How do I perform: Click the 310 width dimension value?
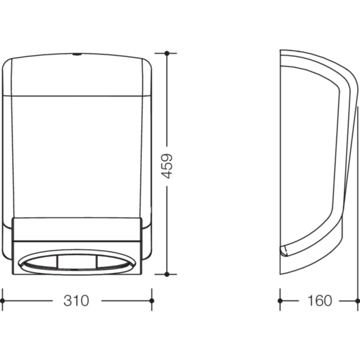pos(76,301)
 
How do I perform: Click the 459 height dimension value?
pos(167,166)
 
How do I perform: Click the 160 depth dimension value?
pos(319,301)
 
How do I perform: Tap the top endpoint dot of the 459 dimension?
pos(167,53)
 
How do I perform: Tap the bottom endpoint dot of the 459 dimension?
pos(167,274)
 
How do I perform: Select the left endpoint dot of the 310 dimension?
pos(2,301)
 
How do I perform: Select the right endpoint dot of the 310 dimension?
pos(151,301)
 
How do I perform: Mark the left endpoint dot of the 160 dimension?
pos(280,301)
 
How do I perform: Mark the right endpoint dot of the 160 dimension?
pos(358,301)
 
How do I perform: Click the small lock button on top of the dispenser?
pos(76,54)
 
